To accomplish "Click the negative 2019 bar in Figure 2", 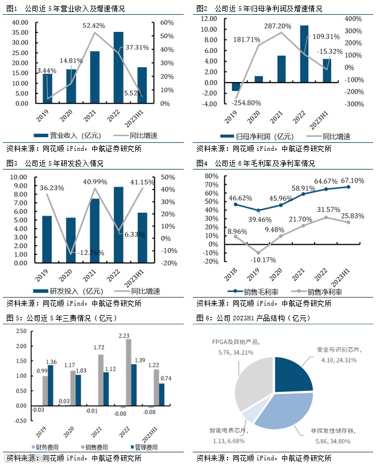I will [235, 86].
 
